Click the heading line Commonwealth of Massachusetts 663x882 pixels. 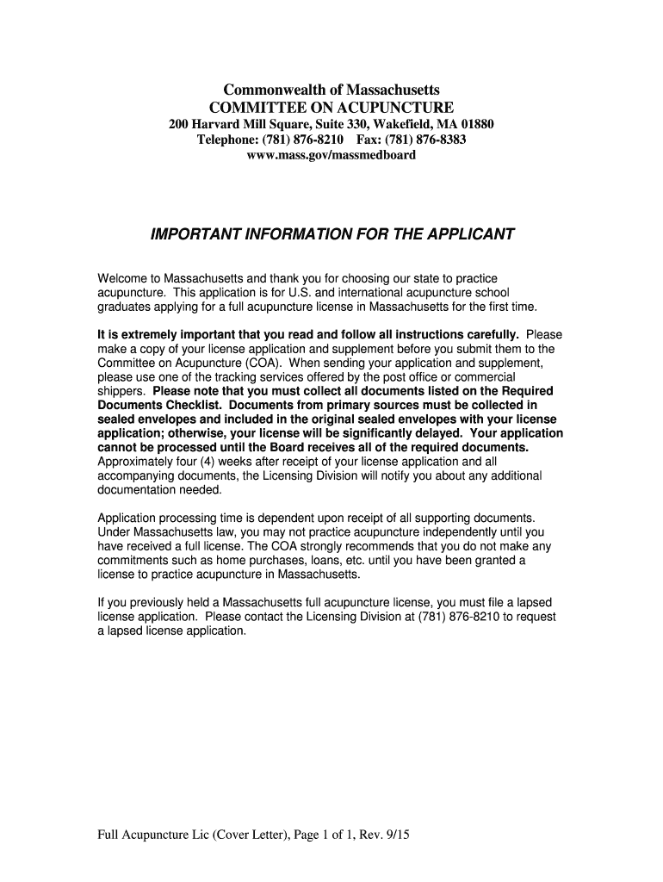[x=331, y=90]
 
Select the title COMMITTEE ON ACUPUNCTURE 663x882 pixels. [x=331, y=108]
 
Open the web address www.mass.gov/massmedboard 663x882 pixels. [x=331, y=155]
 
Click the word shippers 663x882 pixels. [x=121, y=391]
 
